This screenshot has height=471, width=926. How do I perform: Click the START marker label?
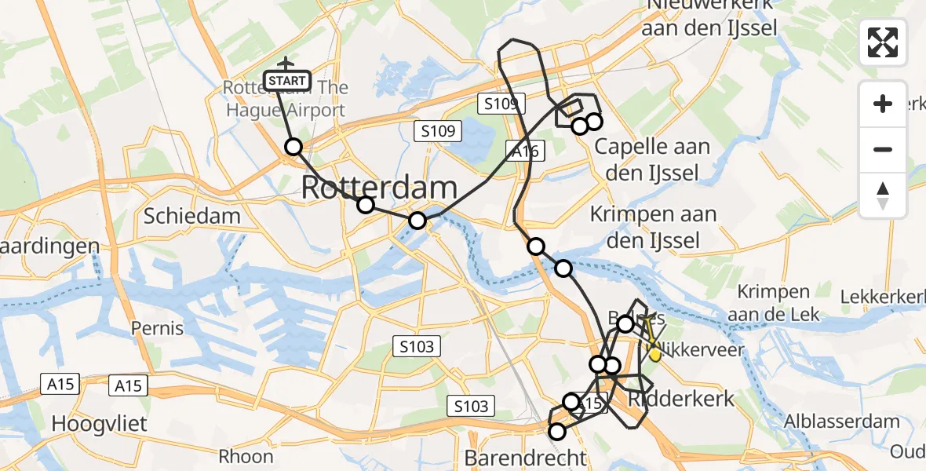[287, 81]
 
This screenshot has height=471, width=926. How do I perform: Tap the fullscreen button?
[883, 42]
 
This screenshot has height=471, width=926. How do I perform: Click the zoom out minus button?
[883, 149]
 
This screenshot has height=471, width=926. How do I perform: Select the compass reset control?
[883, 195]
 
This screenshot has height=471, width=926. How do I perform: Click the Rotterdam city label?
[379, 188]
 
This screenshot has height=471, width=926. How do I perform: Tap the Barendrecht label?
[525, 458]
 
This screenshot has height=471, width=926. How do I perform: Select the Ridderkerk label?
[681, 398]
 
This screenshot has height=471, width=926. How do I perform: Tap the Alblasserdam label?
[843, 422]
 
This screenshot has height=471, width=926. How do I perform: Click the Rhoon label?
[246, 456]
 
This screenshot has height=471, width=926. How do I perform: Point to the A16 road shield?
[523, 152]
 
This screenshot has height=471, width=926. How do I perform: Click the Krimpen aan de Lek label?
[774, 303]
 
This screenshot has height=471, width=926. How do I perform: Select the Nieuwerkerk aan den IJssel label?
[709, 17]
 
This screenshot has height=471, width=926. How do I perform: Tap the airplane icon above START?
[286, 63]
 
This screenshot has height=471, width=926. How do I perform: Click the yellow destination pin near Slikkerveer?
[654, 355]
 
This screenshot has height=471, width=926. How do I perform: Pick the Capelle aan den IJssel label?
[652, 159]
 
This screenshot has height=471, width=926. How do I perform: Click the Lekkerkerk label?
[883, 298]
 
